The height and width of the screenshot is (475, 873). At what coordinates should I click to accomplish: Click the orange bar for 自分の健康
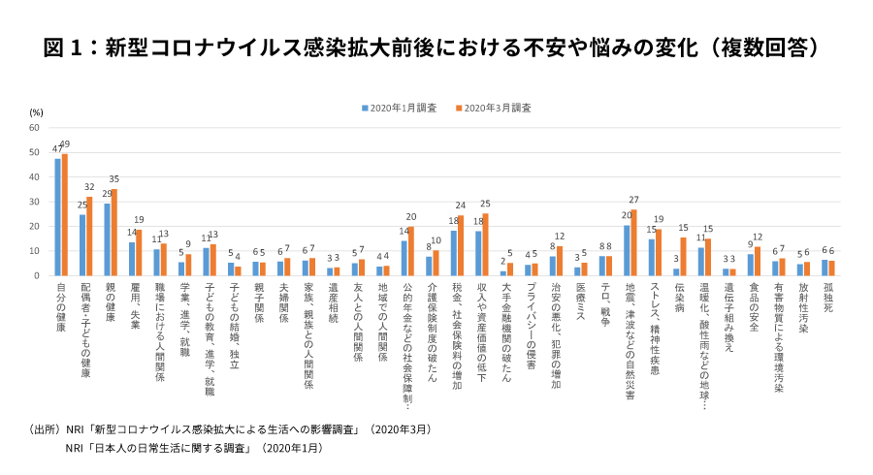click(65, 215)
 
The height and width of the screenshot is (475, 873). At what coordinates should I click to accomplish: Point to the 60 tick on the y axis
click(34, 128)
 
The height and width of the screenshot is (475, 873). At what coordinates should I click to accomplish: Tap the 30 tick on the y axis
click(34, 202)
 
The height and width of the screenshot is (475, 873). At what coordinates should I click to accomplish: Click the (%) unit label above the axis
click(36, 113)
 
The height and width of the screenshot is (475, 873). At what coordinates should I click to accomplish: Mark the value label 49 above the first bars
click(65, 145)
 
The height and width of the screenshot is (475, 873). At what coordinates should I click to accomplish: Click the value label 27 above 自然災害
click(634, 201)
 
